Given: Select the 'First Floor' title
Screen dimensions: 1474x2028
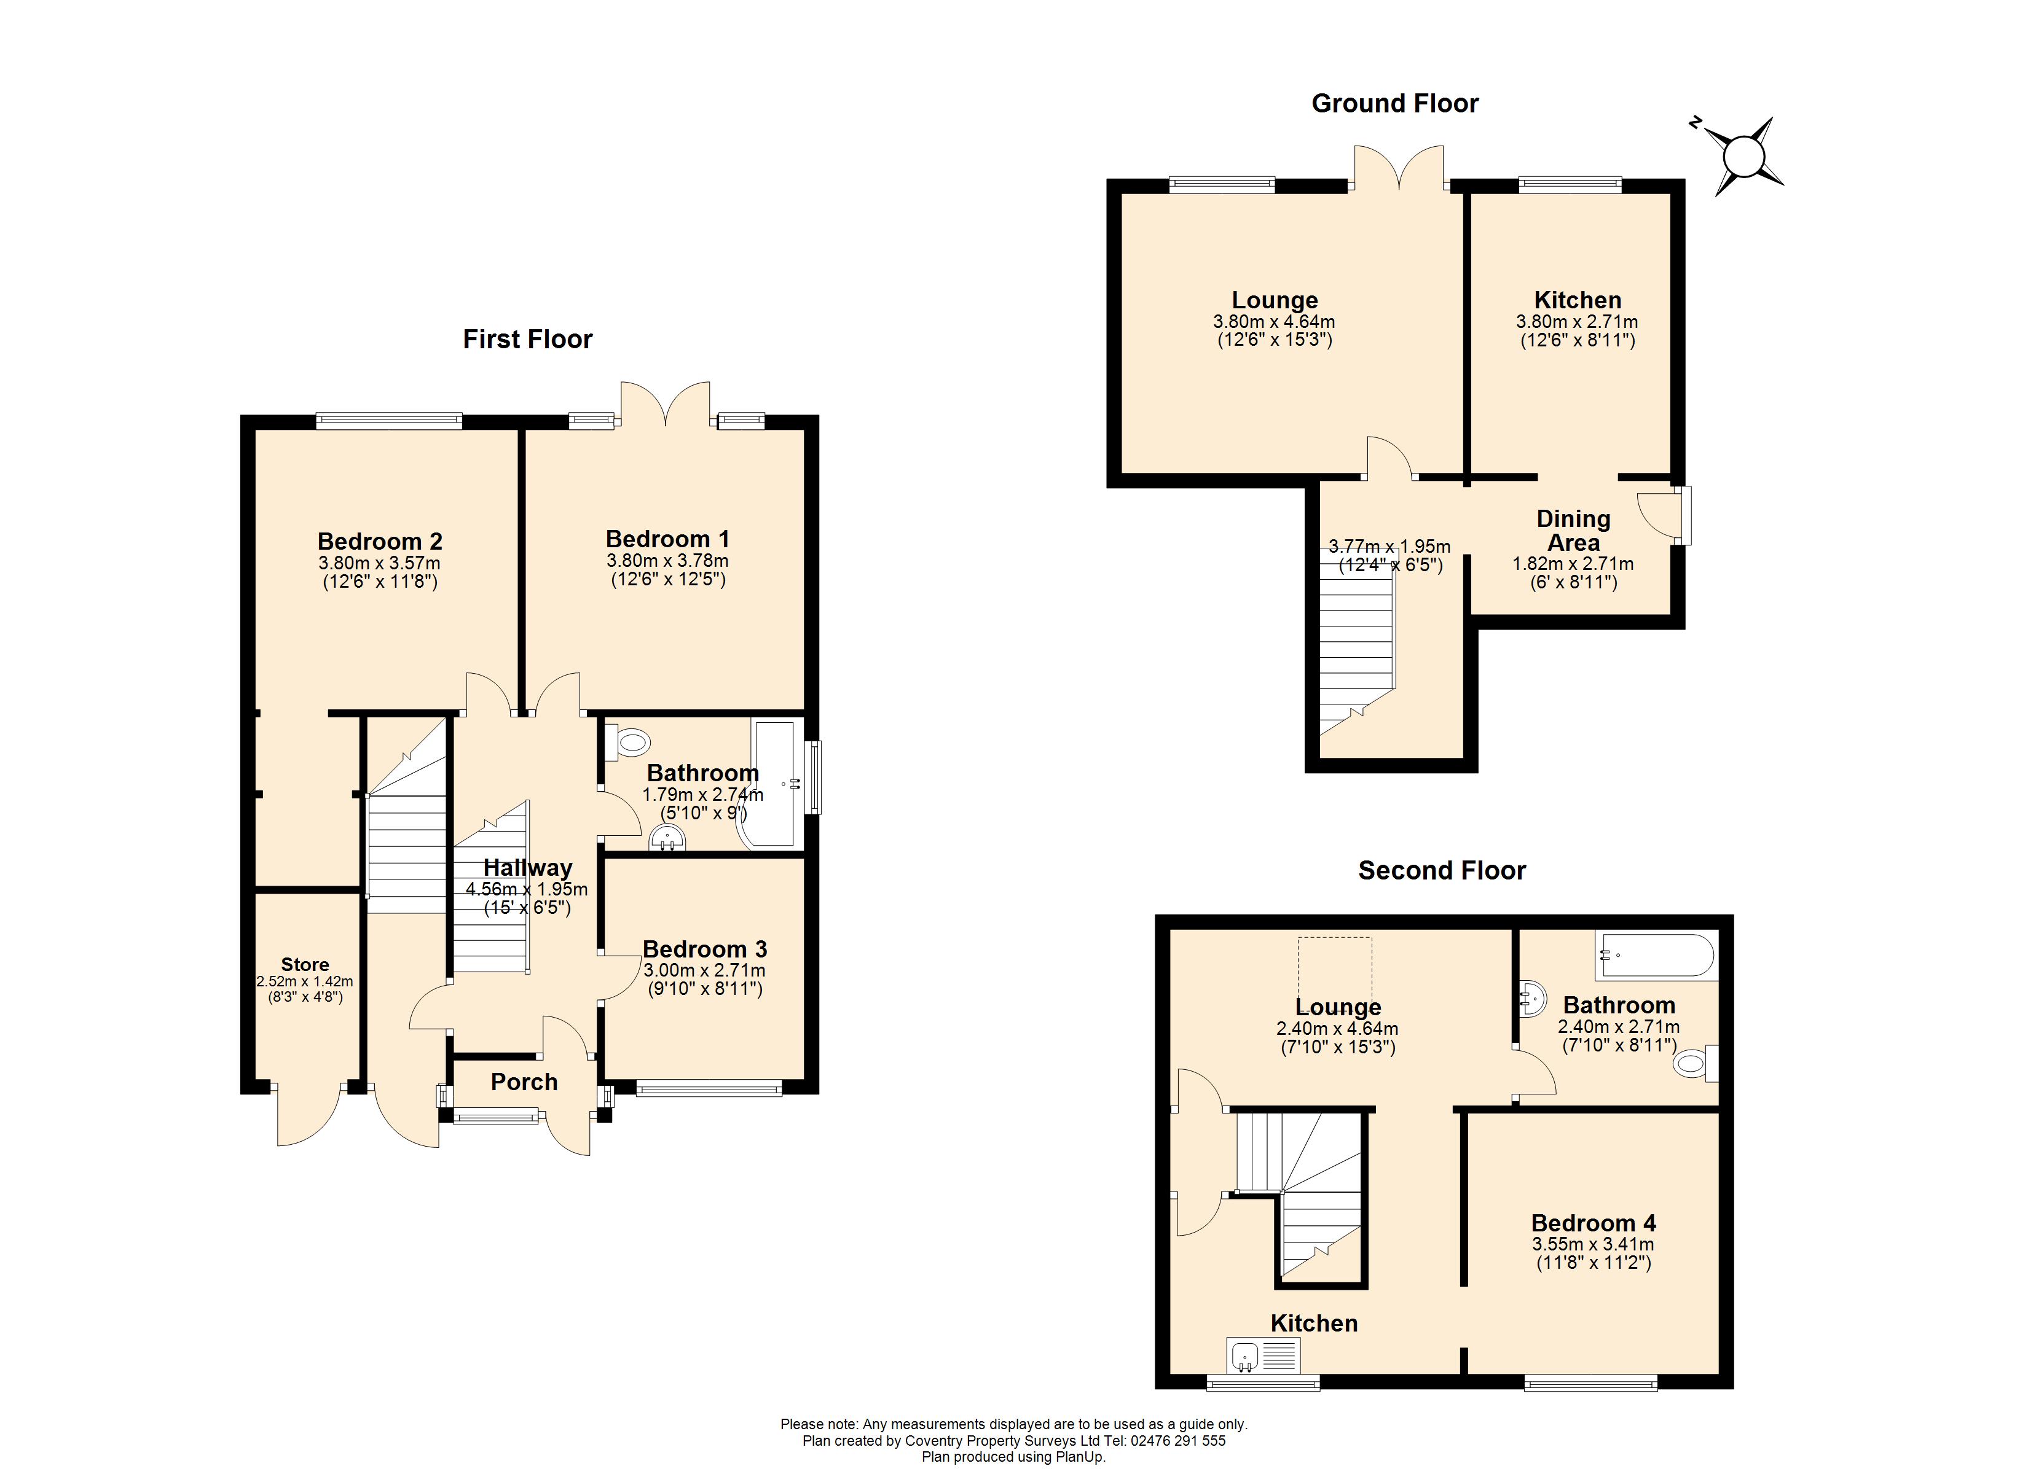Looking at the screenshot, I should pos(527,340).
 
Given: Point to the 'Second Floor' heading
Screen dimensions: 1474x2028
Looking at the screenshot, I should pos(1442,871).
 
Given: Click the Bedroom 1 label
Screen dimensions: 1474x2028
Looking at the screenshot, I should pos(667,539).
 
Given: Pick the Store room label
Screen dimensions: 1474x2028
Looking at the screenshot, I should pos(305,964).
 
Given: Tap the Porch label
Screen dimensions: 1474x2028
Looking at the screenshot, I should pos(524,1083).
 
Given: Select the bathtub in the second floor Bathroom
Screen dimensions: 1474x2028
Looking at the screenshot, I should pos(1656,956).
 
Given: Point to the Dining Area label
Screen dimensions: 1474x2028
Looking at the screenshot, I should pos(1573,531).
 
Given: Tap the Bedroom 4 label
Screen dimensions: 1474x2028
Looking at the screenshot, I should pos(1592,1223).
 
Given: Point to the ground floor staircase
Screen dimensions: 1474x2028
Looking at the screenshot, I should pos(1356,639).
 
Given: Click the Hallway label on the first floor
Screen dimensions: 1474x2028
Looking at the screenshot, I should pos(527,868).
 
